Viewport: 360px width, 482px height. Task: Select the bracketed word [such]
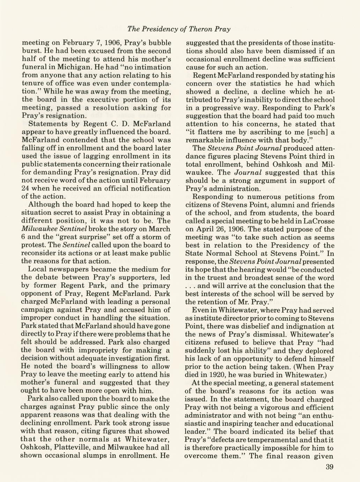coord(314,132)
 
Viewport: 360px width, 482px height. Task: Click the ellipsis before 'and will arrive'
coord(191,286)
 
